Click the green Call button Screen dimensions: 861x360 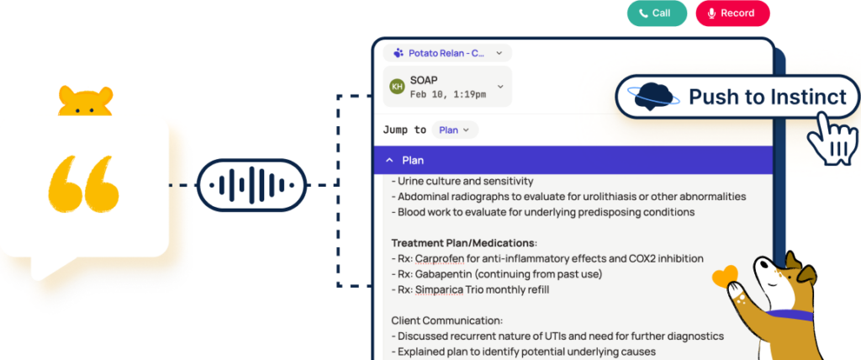(x=658, y=13)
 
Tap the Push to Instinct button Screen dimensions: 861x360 (x=737, y=98)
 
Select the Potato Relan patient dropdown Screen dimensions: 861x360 (x=447, y=53)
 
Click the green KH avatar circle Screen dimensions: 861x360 (x=397, y=87)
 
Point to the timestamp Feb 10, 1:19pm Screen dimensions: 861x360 (x=448, y=94)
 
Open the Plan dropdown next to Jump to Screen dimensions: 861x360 (x=455, y=130)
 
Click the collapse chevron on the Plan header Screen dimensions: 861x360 (x=389, y=160)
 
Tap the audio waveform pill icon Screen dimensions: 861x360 (x=251, y=185)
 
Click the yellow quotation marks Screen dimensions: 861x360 (x=83, y=184)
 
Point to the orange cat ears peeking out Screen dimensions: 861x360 (x=85, y=101)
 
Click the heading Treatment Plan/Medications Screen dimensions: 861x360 (x=464, y=242)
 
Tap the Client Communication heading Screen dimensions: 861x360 (x=447, y=320)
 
